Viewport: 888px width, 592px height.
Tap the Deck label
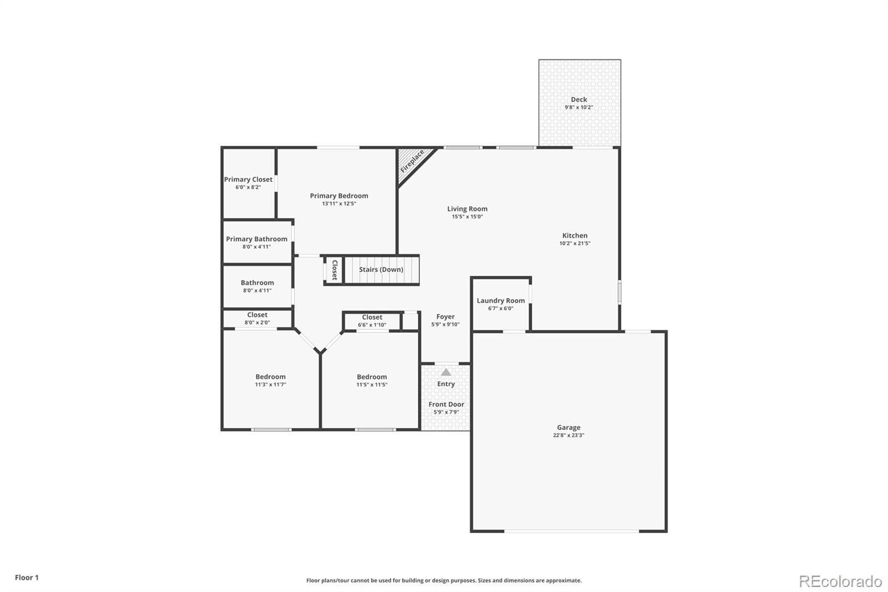pyautogui.click(x=579, y=100)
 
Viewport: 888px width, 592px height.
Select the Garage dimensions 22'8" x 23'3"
pyautogui.click(x=568, y=435)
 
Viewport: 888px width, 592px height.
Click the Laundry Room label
pyautogui.click(x=501, y=301)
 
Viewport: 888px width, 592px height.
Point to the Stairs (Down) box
pyautogui.click(x=381, y=270)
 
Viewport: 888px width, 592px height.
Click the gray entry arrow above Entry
pyautogui.click(x=446, y=372)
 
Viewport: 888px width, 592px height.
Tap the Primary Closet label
pyautogui.click(x=248, y=179)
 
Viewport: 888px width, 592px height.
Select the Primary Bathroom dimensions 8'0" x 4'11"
pyautogui.click(x=256, y=247)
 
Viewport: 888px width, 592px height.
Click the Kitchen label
pyautogui.click(x=574, y=235)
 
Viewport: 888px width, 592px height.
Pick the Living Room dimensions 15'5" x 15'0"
pyautogui.click(x=467, y=217)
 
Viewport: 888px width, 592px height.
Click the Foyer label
pyautogui.click(x=445, y=317)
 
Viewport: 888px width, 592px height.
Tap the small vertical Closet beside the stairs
pyautogui.click(x=334, y=270)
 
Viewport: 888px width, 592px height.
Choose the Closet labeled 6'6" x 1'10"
pyautogui.click(x=372, y=321)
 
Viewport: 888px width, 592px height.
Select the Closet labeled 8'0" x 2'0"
pyautogui.click(x=257, y=318)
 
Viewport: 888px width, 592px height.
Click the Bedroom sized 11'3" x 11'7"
pyautogui.click(x=270, y=380)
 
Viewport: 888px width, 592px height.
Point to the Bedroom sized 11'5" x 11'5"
pyautogui.click(x=372, y=380)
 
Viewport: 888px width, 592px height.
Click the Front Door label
pyautogui.click(x=446, y=404)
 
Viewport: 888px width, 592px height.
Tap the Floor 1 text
pyautogui.click(x=27, y=578)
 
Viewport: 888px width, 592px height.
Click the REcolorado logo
pyautogui.click(x=840, y=581)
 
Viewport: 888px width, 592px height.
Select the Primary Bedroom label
pyautogui.click(x=339, y=195)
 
